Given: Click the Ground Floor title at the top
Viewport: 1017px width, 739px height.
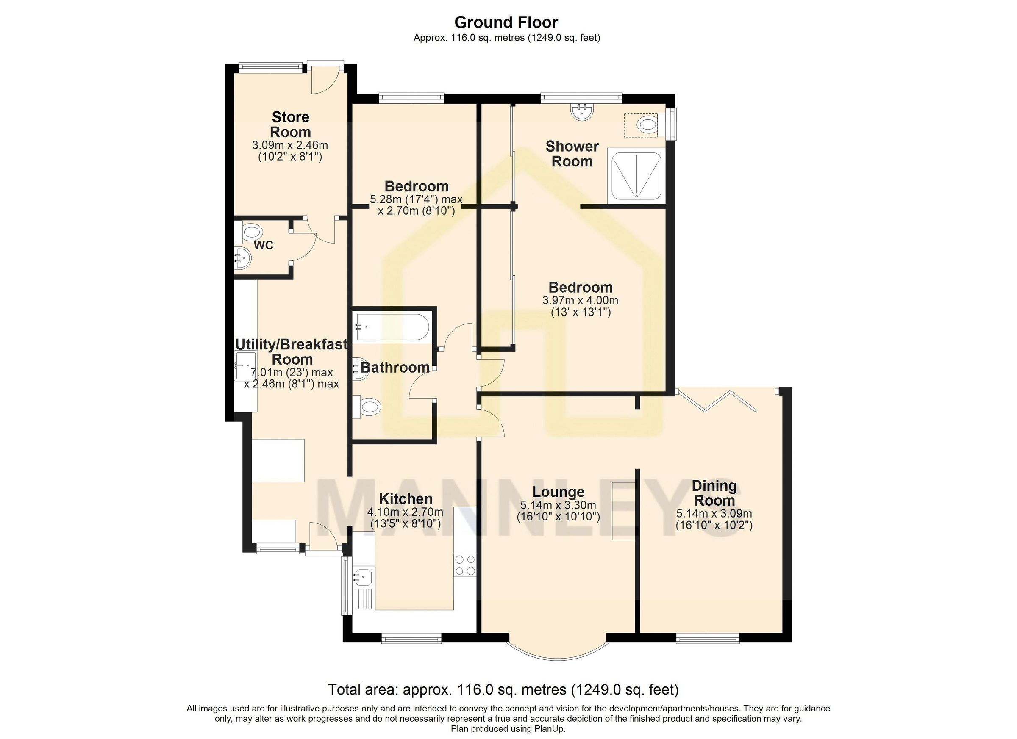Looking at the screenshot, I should (x=506, y=22).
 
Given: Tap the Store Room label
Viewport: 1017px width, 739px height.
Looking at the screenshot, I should (x=291, y=125).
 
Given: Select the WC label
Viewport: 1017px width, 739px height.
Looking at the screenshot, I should (x=263, y=246).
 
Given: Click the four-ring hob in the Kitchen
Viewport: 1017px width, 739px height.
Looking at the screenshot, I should (x=464, y=565).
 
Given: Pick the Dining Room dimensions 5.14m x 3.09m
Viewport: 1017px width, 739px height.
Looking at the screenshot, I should (x=714, y=514).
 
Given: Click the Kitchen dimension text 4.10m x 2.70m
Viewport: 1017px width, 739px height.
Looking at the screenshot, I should (x=405, y=512).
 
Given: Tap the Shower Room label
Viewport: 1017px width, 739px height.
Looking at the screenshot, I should (x=572, y=154).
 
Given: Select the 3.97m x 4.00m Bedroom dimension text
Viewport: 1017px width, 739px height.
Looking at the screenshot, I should (x=580, y=300).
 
